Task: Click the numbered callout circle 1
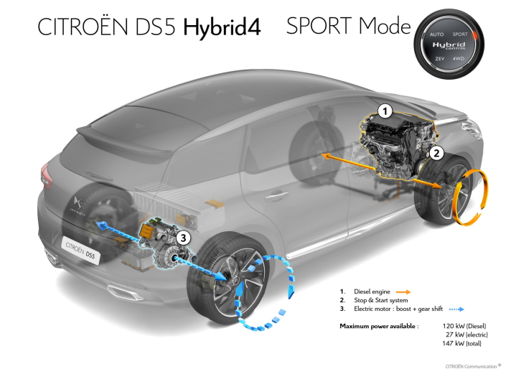pyautogui.click(x=385, y=111)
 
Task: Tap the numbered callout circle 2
pyautogui.click(x=435, y=152)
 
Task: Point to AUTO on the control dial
pyautogui.click(x=437, y=34)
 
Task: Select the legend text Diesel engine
pyautogui.click(x=372, y=291)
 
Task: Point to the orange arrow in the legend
pyautogui.click(x=402, y=291)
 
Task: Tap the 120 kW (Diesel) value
pyautogui.click(x=469, y=326)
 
